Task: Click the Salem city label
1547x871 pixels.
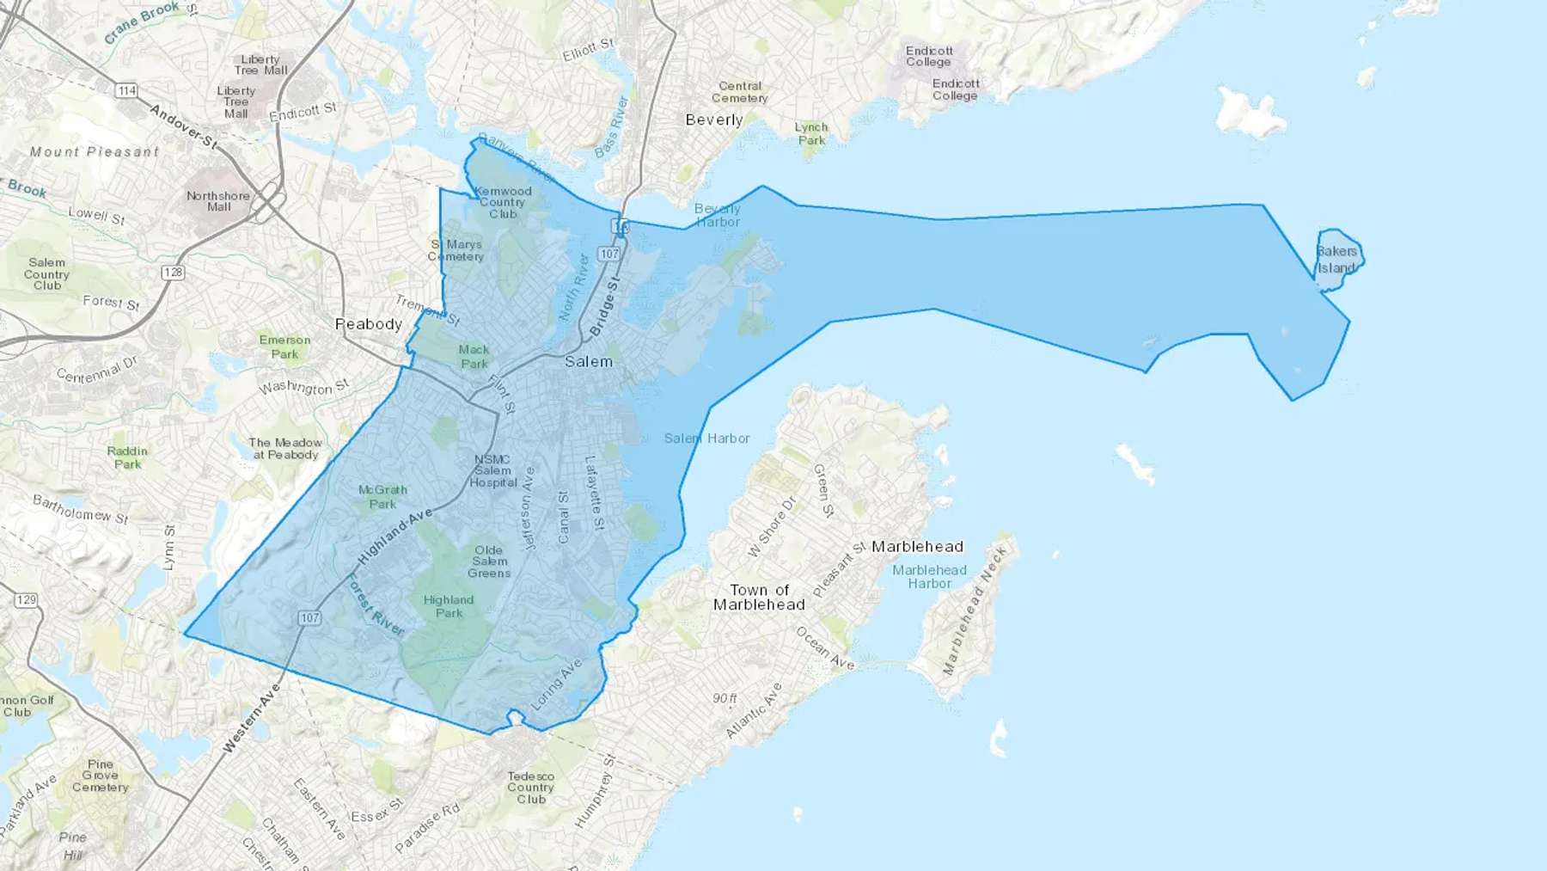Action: (x=589, y=362)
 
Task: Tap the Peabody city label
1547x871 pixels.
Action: (x=369, y=324)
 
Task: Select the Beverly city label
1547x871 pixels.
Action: (x=714, y=120)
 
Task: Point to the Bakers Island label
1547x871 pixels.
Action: (x=1336, y=260)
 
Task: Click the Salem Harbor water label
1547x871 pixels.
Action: (x=706, y=439)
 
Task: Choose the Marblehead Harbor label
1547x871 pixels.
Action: (x=929, y=577)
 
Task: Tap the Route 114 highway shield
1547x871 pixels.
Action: (x=127, y=90)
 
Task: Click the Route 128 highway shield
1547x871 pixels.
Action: (x=173, y=273)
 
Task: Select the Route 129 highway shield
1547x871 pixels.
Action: (x=26, y=599)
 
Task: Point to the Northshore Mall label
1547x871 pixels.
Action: (x=218, y=201)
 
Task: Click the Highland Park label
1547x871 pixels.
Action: (x=449, y=606)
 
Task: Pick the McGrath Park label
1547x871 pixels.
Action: (x=382, y=497)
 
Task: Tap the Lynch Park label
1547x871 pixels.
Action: (x=810, y=133)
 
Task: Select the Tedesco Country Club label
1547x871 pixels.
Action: (x=530, y=788)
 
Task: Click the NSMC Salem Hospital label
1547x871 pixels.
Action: (x=492, y=471)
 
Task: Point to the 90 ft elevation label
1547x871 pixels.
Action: (x=725, y=698)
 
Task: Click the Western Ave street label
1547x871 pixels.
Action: (x=252, y=719)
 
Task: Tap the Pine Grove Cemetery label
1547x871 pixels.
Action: (x=101, y=776)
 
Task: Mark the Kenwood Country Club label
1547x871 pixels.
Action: (x=503, y=202)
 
